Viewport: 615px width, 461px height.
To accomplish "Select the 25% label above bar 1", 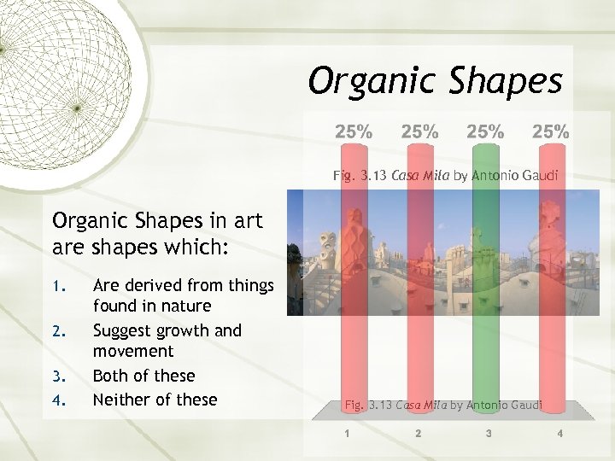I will [x=354, y=131].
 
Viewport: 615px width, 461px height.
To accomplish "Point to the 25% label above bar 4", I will [x=551, y=131].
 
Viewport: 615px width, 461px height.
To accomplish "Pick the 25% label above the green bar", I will [x=485, y=131].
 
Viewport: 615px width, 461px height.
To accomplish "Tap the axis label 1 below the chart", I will [x=347, y=434].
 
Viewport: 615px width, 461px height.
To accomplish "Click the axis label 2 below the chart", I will [x=418, y=434].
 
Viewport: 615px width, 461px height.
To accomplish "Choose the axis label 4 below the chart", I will [x=559, y=434].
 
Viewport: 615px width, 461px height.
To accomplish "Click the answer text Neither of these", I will [x=155, y=400].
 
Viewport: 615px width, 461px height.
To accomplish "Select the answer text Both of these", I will [x=143, y=376].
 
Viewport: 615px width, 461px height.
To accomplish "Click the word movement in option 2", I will [x=132, y=351].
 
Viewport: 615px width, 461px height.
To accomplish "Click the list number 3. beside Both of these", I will [x=58, y=376].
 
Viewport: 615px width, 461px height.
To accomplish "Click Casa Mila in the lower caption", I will [x=419, y=404].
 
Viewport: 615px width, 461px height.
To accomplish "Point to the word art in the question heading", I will [x=246, y=221].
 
